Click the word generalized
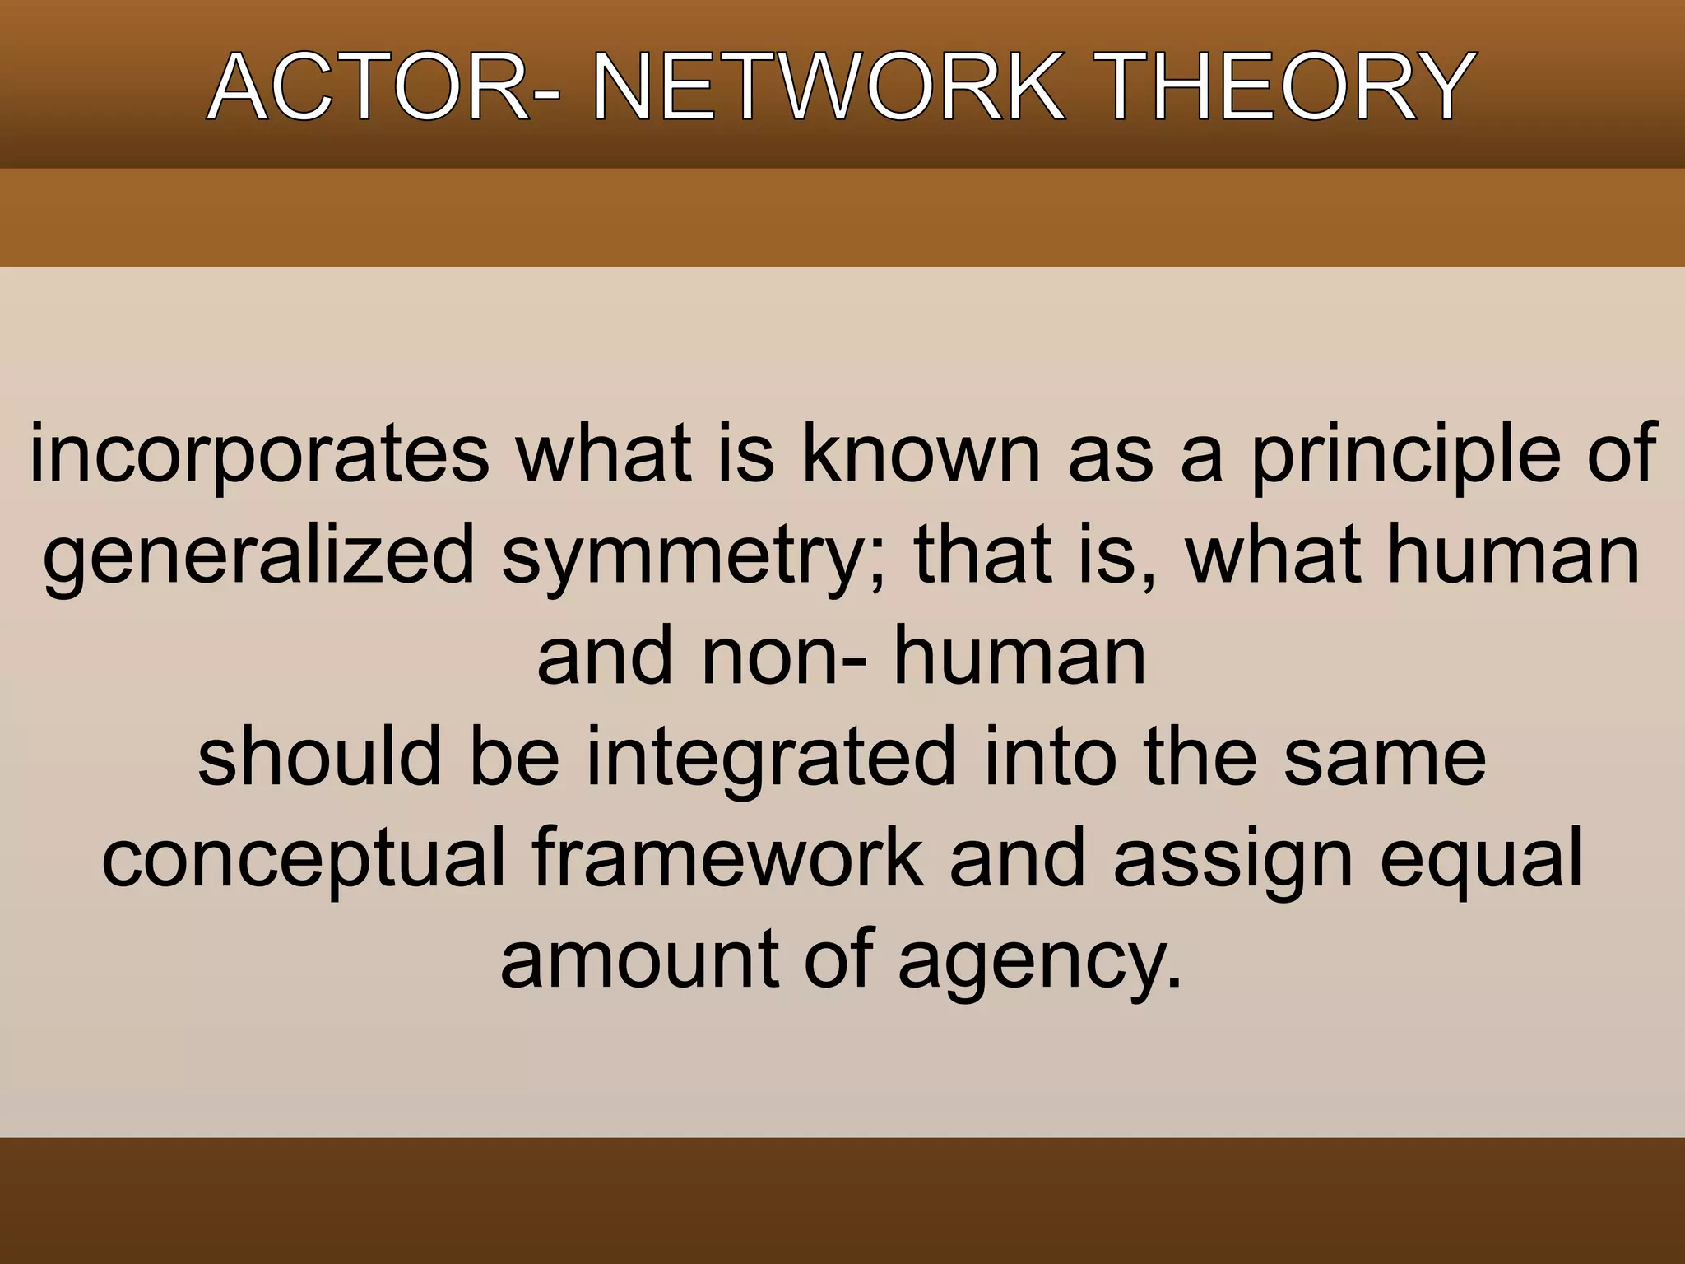tap(258, 557)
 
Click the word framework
tap(727, 858)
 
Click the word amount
tap(638, 960)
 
